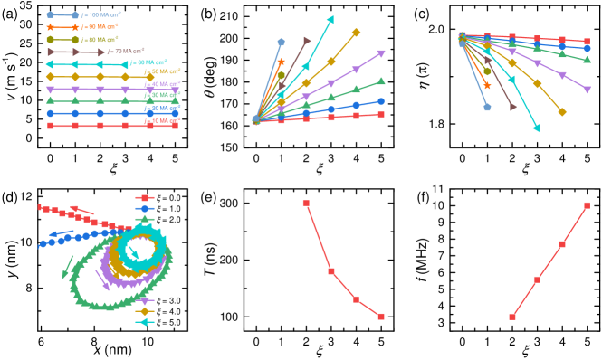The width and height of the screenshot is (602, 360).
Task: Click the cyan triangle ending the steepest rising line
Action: point(330,19)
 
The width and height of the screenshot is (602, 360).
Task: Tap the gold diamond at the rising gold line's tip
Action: point(356,33)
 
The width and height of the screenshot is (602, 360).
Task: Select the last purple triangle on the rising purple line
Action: point(380,54)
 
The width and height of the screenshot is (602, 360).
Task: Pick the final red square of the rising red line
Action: point(381,115)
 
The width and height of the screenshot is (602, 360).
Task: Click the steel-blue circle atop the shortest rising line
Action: point(281,42)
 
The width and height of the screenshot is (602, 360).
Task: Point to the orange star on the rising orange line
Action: point(281,62)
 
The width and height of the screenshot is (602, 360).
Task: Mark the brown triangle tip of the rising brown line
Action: point(307,41)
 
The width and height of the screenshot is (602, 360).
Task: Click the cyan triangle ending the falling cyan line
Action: point(537,128)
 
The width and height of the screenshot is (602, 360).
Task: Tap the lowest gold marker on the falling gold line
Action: point(562,112)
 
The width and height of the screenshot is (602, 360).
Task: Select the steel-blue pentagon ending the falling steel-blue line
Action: point(487,107)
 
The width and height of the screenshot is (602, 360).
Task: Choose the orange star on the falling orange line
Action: point(487,86)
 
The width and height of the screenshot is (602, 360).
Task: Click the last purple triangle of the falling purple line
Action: point(587,90)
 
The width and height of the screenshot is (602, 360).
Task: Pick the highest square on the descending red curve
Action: point(306,204)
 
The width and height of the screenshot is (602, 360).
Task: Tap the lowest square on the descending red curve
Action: point(381,317)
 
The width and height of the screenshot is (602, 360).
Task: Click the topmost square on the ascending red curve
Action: point(587,205)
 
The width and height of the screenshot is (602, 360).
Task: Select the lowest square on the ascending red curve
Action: point(512,317)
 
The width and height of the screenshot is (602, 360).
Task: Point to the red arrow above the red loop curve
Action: point(77,209)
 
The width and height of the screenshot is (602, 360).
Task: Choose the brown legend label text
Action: point(127,52)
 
